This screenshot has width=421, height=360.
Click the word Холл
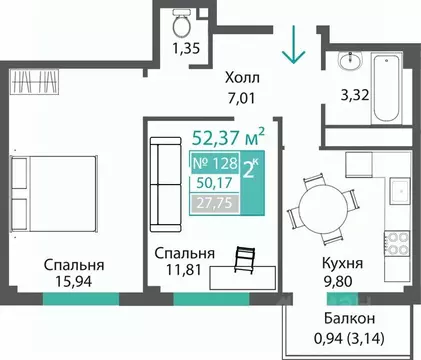pyautogui.click(x=237, y=74)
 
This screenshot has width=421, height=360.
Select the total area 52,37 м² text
pyautogui.click(x=227, y=134)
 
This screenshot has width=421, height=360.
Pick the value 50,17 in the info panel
pyautogui.click(x=212, y=182)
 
